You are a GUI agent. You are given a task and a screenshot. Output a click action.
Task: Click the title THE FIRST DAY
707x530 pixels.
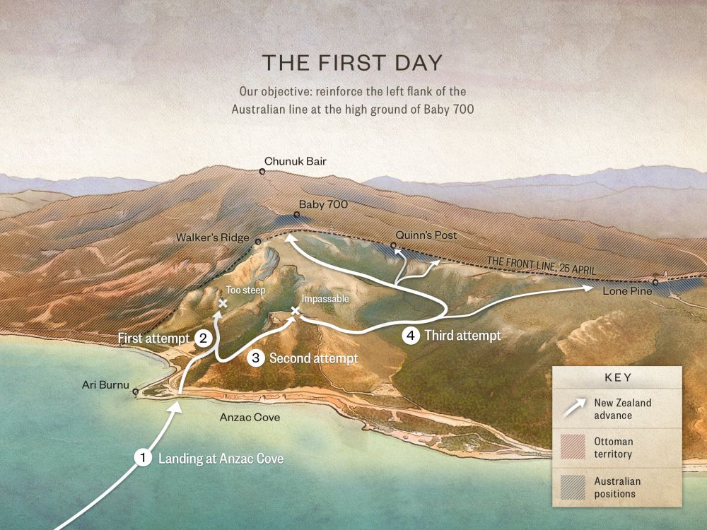(x=352, y=62)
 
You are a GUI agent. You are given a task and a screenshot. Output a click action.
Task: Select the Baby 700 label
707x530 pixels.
(x=325, y=204)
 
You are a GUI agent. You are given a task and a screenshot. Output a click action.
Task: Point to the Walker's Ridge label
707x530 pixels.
(x=213, y=237)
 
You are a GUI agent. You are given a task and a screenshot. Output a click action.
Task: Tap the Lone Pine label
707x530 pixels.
(x=623, y=290)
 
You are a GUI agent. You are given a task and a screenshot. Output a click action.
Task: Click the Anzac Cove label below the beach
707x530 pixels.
(x=249, y=418)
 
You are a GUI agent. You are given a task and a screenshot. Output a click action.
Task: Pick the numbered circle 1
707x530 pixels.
(x=144, y=458)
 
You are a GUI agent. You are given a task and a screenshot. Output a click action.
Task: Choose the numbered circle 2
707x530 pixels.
(x=203, y=338)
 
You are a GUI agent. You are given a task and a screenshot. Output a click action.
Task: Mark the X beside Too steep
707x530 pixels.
(x=223, y=303)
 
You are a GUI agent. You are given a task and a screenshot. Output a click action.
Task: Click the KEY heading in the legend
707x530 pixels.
(x=618, y=377)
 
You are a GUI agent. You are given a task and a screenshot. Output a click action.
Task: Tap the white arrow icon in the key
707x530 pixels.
(x=574, y=408)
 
